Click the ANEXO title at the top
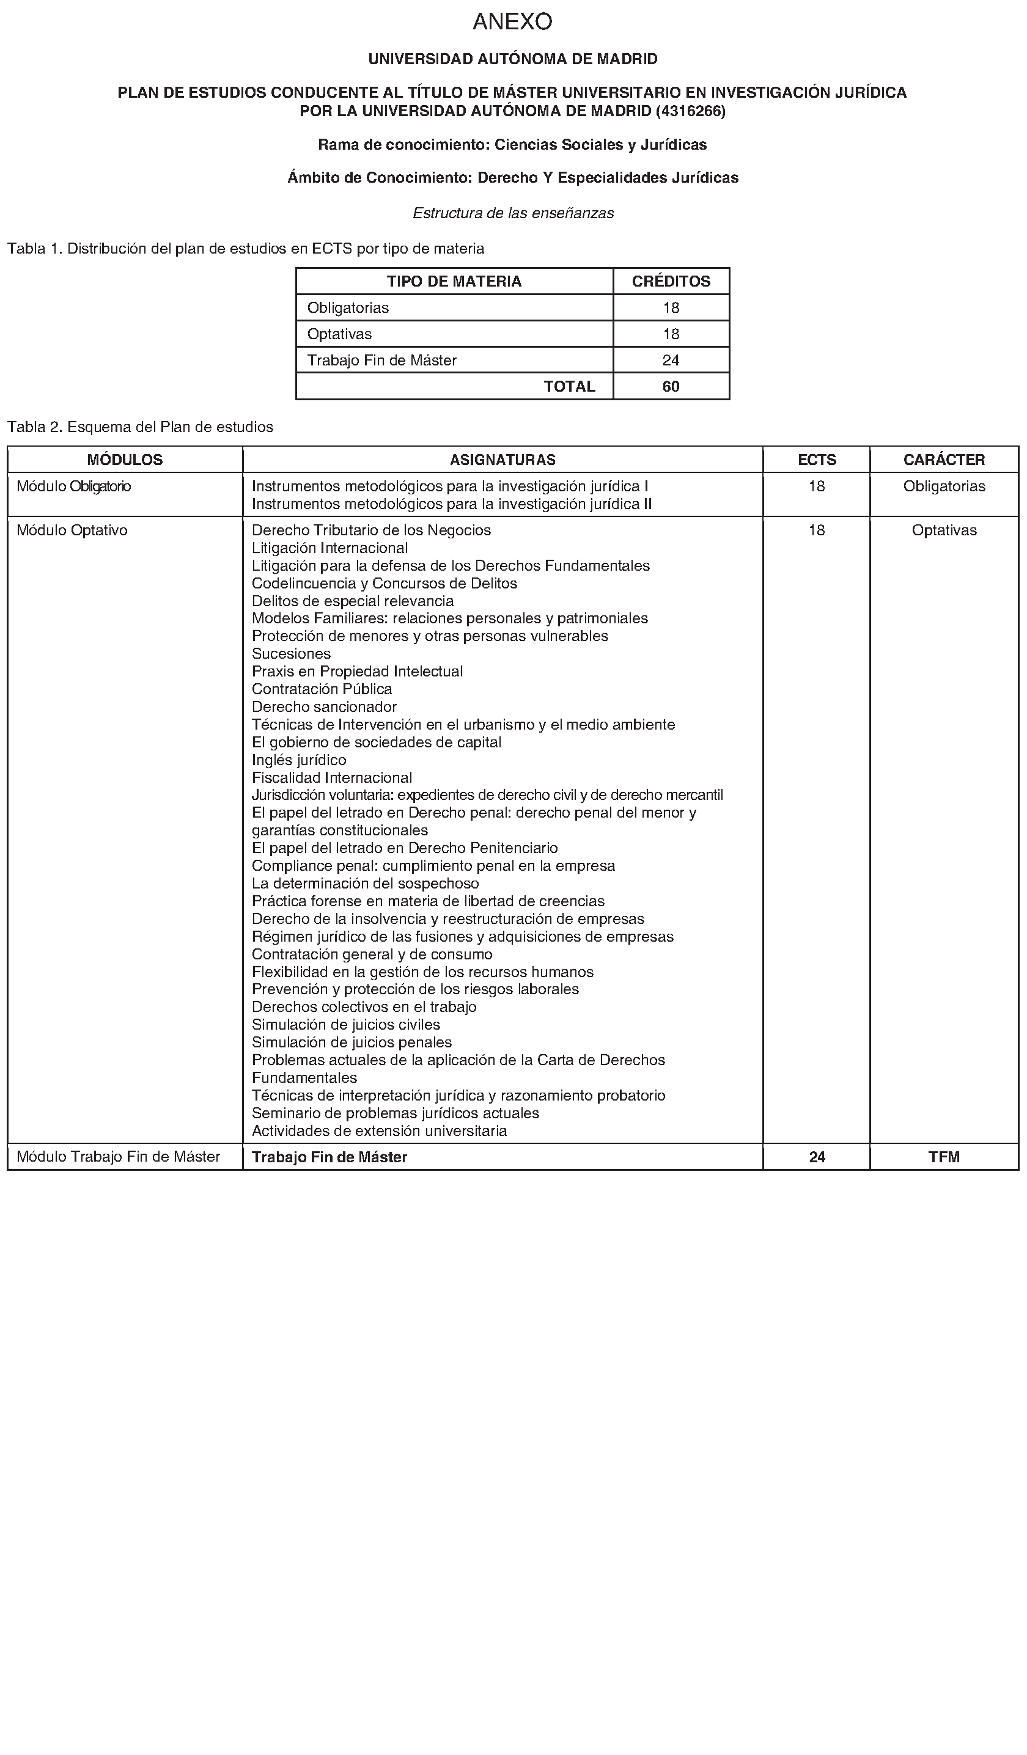click(512, 22)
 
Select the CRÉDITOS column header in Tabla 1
click(671, 281)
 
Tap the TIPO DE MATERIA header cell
click(454, 281)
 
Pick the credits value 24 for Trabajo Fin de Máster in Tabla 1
click(671, 360)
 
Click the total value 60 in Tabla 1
click(671, 387)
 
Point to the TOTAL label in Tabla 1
click(569, 387)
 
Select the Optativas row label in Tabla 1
click(339, 334)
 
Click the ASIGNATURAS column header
click(502, 460)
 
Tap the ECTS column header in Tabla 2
click(817, 460)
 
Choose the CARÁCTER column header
click(944, 460)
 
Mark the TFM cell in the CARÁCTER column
click(944, 1157)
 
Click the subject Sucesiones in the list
click(291, 653)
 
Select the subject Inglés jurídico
click(299, 760)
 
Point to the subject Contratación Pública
click(322, 689)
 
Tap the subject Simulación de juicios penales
click(352, 1042)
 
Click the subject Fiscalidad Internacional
click(332, 777)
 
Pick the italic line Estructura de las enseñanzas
click(513, 213)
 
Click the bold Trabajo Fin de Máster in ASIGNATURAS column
click(329, 1157)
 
